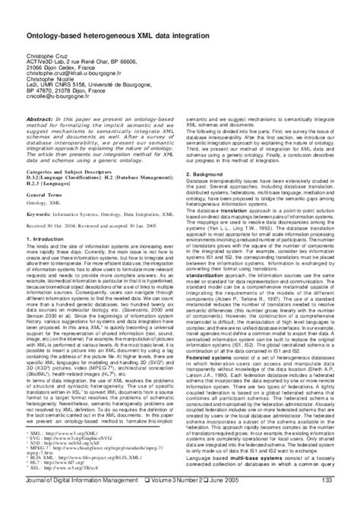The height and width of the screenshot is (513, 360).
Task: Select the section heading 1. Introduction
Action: (43, 239)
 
